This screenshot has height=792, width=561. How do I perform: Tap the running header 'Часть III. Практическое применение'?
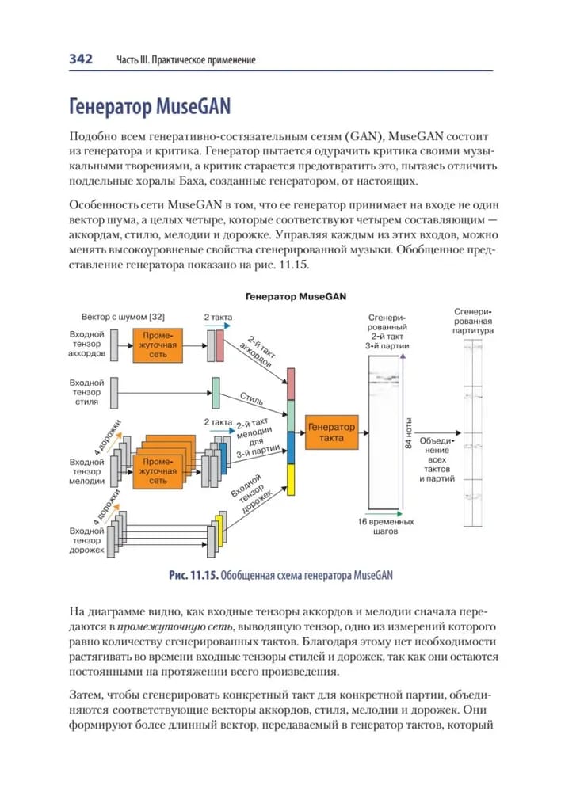pos(186,60)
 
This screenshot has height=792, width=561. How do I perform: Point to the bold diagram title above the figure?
pos(295,297)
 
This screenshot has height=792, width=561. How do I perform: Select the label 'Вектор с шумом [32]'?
pos(123,317)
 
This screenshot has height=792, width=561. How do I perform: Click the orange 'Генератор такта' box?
pos(331,432)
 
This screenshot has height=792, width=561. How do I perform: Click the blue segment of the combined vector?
pos(291,448)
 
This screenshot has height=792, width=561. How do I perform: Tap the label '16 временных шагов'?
pos(385,527)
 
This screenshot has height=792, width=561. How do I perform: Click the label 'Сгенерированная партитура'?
pos(475,322)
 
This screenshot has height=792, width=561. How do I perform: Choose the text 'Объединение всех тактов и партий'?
pos(437,459)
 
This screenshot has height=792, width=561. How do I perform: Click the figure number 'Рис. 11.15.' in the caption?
pos(193,575)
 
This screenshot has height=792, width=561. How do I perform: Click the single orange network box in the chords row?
pos(158,345)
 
